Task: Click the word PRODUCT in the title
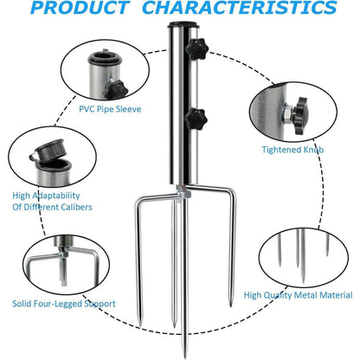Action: (x=80, y=8)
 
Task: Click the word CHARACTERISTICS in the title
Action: (x=240, y=8)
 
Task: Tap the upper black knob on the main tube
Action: (x=196, y=48)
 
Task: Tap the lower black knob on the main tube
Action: (x=196, y=119)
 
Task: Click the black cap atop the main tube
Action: (x=183, y=24)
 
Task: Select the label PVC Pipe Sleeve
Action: (x=110, y=109)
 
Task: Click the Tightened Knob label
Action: (x=292, y=150)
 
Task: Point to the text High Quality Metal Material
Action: (x=298, y=295)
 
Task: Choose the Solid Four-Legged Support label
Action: (x=64, y=304)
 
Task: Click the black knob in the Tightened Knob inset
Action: (x=300, y=116)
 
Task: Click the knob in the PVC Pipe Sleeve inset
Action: (x=116, y=89)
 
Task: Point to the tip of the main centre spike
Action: (x=184, y=357)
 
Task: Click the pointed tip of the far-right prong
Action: (x=230, y=305)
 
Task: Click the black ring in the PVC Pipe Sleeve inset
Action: (x=105, y=59)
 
